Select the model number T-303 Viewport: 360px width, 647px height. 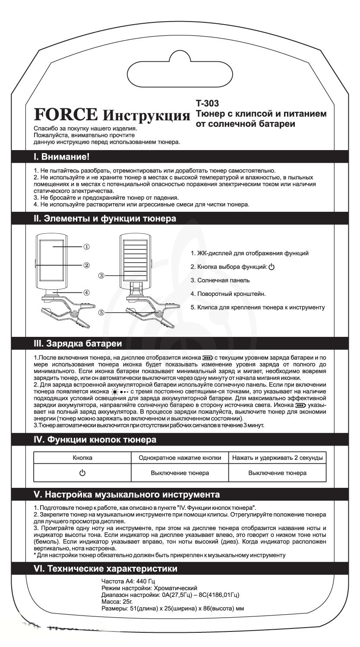tap(207, 104)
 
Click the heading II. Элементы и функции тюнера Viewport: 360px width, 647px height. tap(105, 219)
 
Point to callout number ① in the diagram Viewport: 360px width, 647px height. tap(86, 247)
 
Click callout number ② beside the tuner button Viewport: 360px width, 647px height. tap(86, 265)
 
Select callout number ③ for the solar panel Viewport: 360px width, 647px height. tap(101, 275)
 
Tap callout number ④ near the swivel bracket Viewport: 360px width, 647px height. tap(86, 292)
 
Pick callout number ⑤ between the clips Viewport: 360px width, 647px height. tap(101, 313)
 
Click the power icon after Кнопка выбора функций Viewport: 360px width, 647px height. tap(272, 267)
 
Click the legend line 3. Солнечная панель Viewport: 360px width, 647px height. tap(220, 280)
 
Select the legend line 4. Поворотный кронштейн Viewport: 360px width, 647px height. tap(228, 294)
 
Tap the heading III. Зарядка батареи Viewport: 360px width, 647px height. tap(78, 343)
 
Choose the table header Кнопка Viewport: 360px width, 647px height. tap(82, 458)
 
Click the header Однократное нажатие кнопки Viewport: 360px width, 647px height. tap(180, 458)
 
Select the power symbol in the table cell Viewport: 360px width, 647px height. tap(82, 473)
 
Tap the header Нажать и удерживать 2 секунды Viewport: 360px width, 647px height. tap(277, 458)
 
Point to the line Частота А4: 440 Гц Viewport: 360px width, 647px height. tap(125, 581)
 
